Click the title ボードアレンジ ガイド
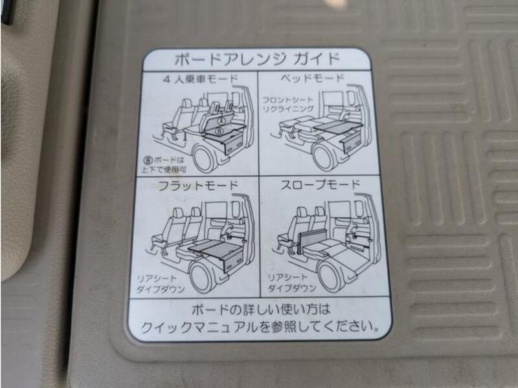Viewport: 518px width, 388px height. point(256,59)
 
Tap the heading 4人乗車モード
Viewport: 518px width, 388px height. point(200,79)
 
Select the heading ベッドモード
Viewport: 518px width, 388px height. point(312,78)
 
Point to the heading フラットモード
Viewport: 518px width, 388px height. point(198,185)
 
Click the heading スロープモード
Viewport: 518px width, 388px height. point(320,184)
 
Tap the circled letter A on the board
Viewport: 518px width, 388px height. point(221,121)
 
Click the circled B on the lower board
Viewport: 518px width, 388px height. point(220,131)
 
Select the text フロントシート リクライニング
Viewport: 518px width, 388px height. point(288,104)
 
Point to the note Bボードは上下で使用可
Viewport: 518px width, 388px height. point(164,165)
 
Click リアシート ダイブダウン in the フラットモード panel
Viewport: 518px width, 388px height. point(161,285)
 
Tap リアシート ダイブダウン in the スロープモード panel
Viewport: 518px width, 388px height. point(291,283)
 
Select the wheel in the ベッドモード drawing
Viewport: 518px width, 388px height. point(324,156)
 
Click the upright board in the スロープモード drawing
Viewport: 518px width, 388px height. point(312,241)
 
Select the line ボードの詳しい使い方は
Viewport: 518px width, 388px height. point(261,310)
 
